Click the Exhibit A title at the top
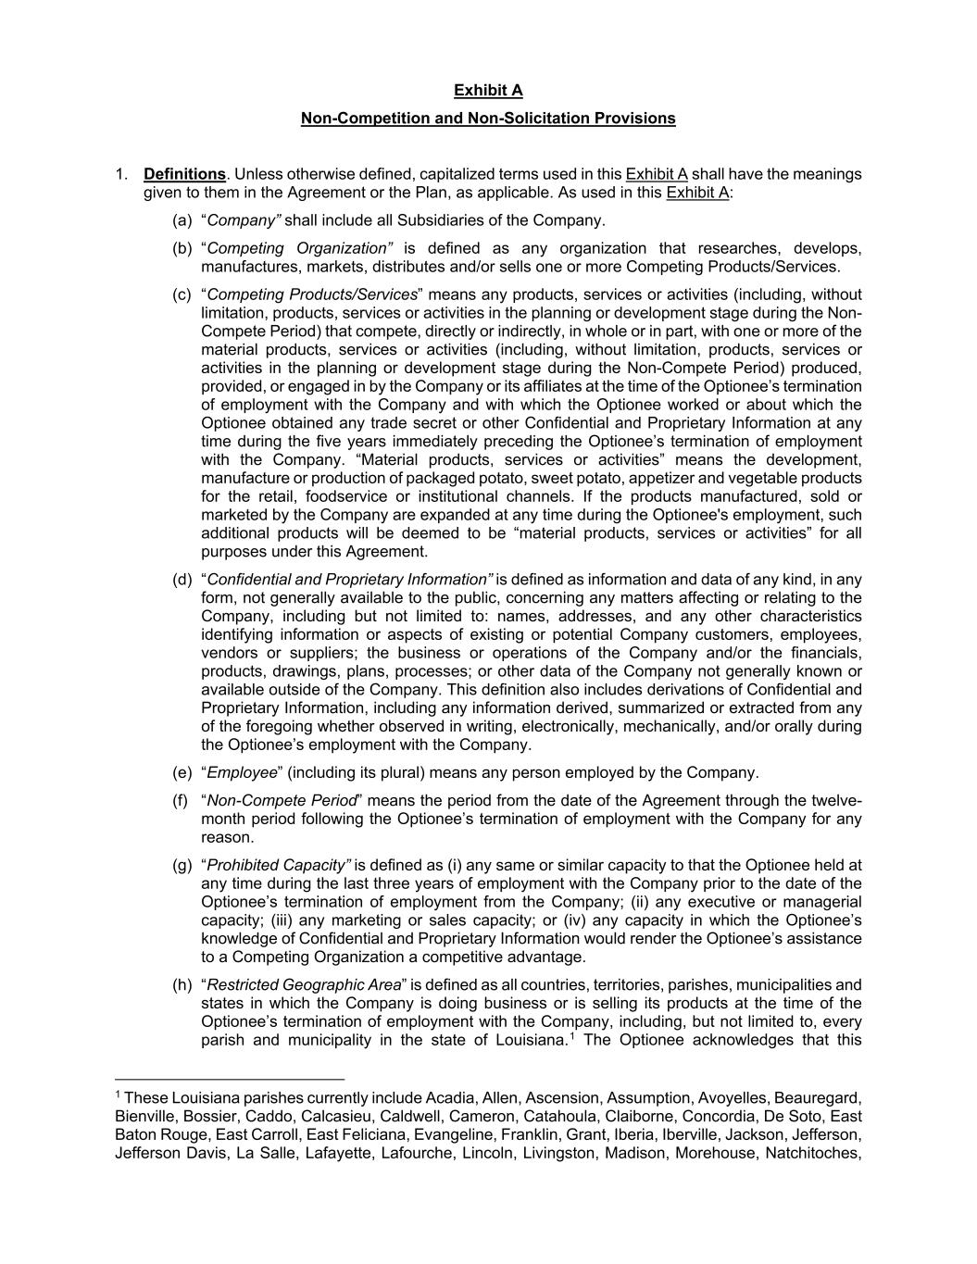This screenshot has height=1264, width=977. [x=488, y=91]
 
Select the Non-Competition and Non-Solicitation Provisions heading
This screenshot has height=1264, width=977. [x=488, y=119]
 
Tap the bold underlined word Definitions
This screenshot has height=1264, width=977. [x=184, y=174]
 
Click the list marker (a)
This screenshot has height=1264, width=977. [x=182, y=220]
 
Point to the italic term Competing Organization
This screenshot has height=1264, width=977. [x=296, y=248]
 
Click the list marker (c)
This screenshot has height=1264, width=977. [x=182, y=294]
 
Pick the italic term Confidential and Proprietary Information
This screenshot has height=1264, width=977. [x=348, y=580]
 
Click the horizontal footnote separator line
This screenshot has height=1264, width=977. [x=230, y=1079]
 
